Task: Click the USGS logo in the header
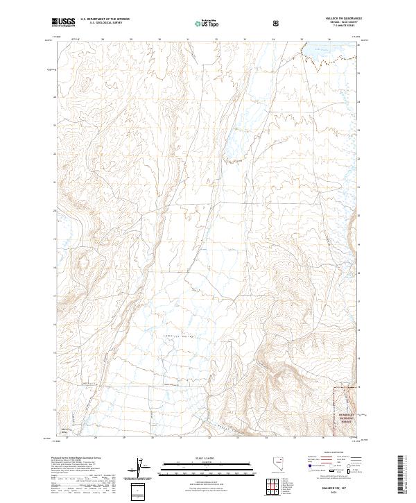[x=64, y=22]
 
